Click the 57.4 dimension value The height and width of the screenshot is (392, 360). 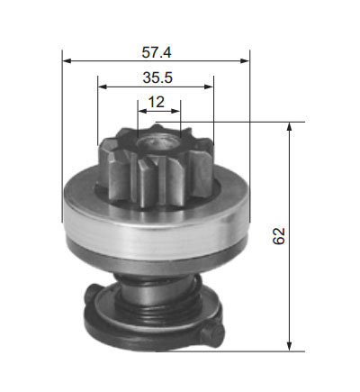(157, 52)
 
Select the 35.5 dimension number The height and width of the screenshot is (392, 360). (157, 77)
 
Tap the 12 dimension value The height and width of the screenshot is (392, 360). (157, 102)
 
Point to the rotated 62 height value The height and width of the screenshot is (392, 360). (279, 236)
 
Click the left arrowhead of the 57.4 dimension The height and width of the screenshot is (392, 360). (67, 61)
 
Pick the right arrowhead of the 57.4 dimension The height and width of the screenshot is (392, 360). (245, 61)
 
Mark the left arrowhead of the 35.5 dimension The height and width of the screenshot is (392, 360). (103, 87)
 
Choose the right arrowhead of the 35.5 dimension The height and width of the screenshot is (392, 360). (209, 87)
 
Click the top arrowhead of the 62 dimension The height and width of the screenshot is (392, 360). (289, 127)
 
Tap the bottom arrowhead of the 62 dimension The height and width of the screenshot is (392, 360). (289, 346)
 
